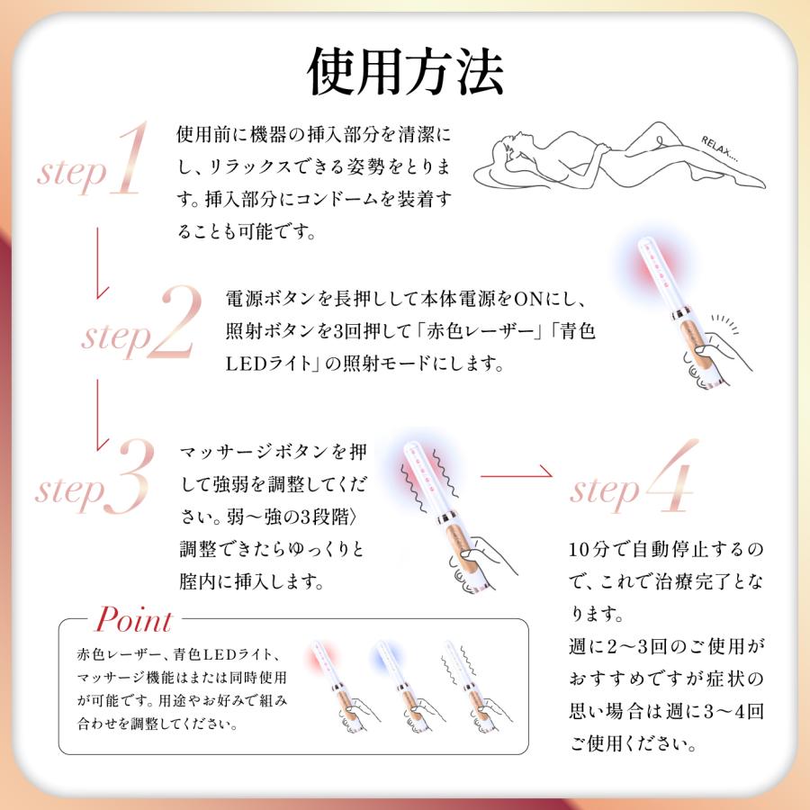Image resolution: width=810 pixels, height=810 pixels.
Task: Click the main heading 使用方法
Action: click(x=405, y=71)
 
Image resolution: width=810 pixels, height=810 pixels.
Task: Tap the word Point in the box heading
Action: click(x=133, y=620)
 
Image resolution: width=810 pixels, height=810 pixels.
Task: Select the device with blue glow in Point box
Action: click(x=401, y=688)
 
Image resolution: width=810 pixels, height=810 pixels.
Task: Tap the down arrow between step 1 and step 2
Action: click(x=102, y=261)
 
